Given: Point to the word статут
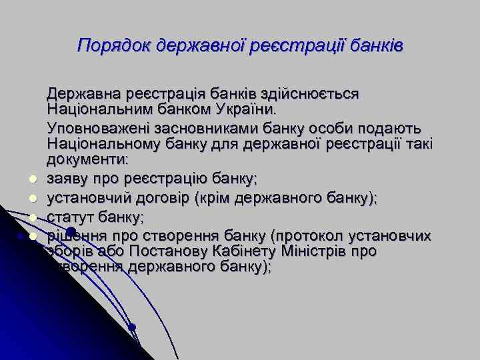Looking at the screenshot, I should (x=67, y=217).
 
